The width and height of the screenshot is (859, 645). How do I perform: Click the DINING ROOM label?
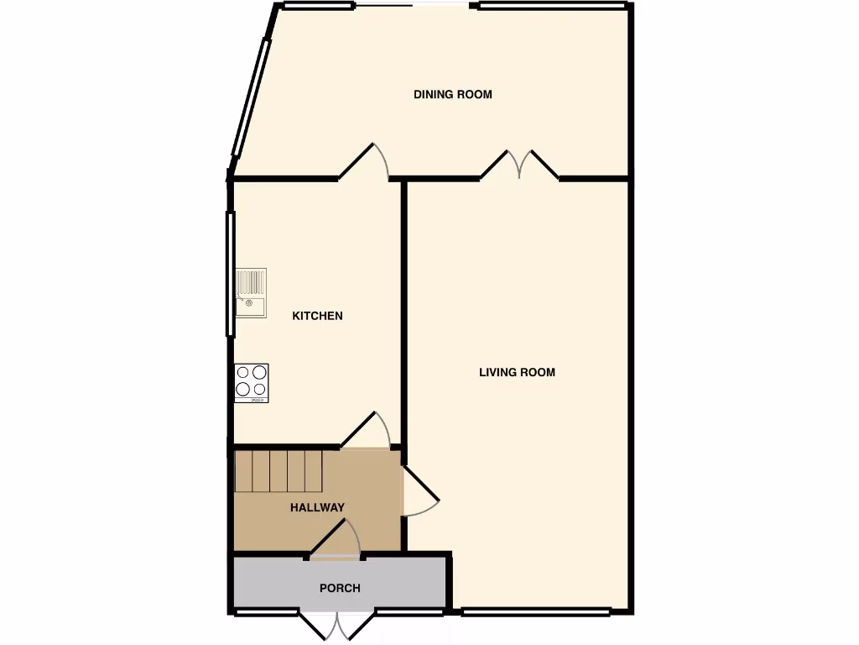point(452,94)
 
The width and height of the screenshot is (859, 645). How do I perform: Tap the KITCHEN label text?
point(317,316)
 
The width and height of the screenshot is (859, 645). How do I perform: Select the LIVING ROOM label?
point(517,372)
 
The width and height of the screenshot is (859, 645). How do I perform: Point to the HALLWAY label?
point(317,507)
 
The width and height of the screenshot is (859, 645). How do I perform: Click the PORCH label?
point(340,588)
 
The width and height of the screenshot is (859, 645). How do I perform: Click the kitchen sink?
point(251,293)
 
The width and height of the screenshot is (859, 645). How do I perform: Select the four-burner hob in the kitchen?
point(251,382)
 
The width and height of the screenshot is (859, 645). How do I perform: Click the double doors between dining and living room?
point(519,165)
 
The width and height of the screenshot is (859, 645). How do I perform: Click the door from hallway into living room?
point(419,491)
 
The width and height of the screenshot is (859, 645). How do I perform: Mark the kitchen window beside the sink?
point(230,274)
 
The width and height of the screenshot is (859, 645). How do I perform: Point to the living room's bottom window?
point(536,611)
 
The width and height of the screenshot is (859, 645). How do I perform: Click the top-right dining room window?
point(552,7)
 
